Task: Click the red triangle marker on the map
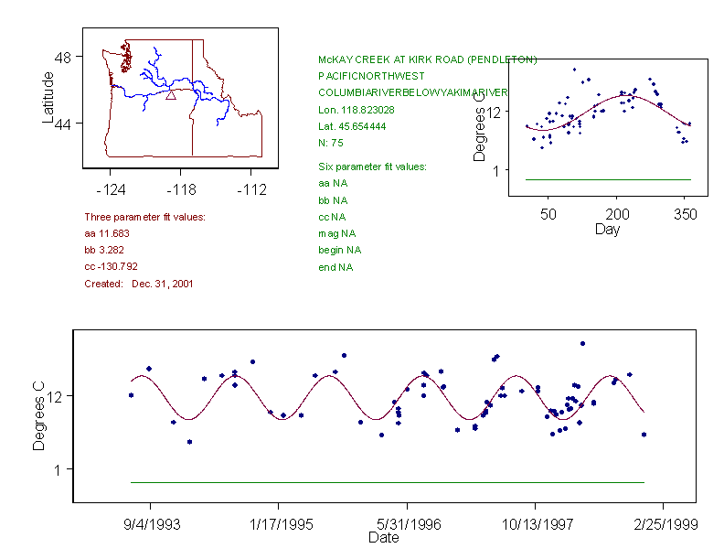[171, 94]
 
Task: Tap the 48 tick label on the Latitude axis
[63, 57]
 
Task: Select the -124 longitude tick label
[111, 190]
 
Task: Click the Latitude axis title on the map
[48, 97]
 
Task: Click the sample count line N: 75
[330, 143]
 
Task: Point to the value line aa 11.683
[102, 233]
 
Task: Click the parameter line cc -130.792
[111, 266]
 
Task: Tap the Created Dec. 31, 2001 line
[138, 284]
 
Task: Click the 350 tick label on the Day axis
[686, 214]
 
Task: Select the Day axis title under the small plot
[606, 230]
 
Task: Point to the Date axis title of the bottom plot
[383, 538]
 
